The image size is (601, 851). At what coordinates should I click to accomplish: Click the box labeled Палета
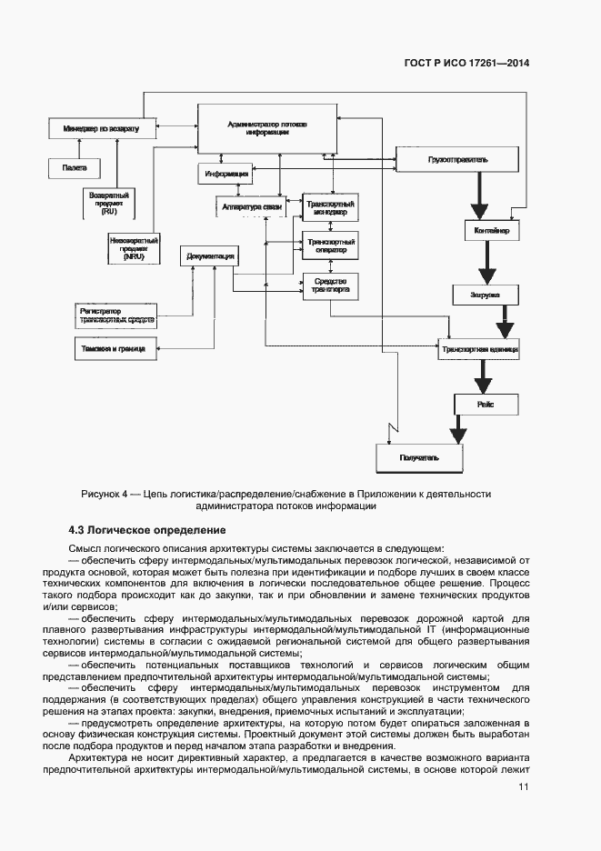click(75, 168)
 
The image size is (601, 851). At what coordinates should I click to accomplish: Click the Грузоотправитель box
click(457, 160)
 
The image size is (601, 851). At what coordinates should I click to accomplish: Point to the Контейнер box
click(492, 232)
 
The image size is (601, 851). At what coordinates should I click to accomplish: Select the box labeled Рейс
click(486, 404)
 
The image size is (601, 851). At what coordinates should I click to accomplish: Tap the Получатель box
click(419, 457)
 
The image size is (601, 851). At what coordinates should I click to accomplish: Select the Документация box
click(210, 257)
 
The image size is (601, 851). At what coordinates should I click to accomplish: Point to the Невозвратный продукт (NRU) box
click(133, 248)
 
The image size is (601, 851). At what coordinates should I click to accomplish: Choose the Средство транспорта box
click(330, 286)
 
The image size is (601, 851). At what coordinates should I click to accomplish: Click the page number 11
click(523, 787)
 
